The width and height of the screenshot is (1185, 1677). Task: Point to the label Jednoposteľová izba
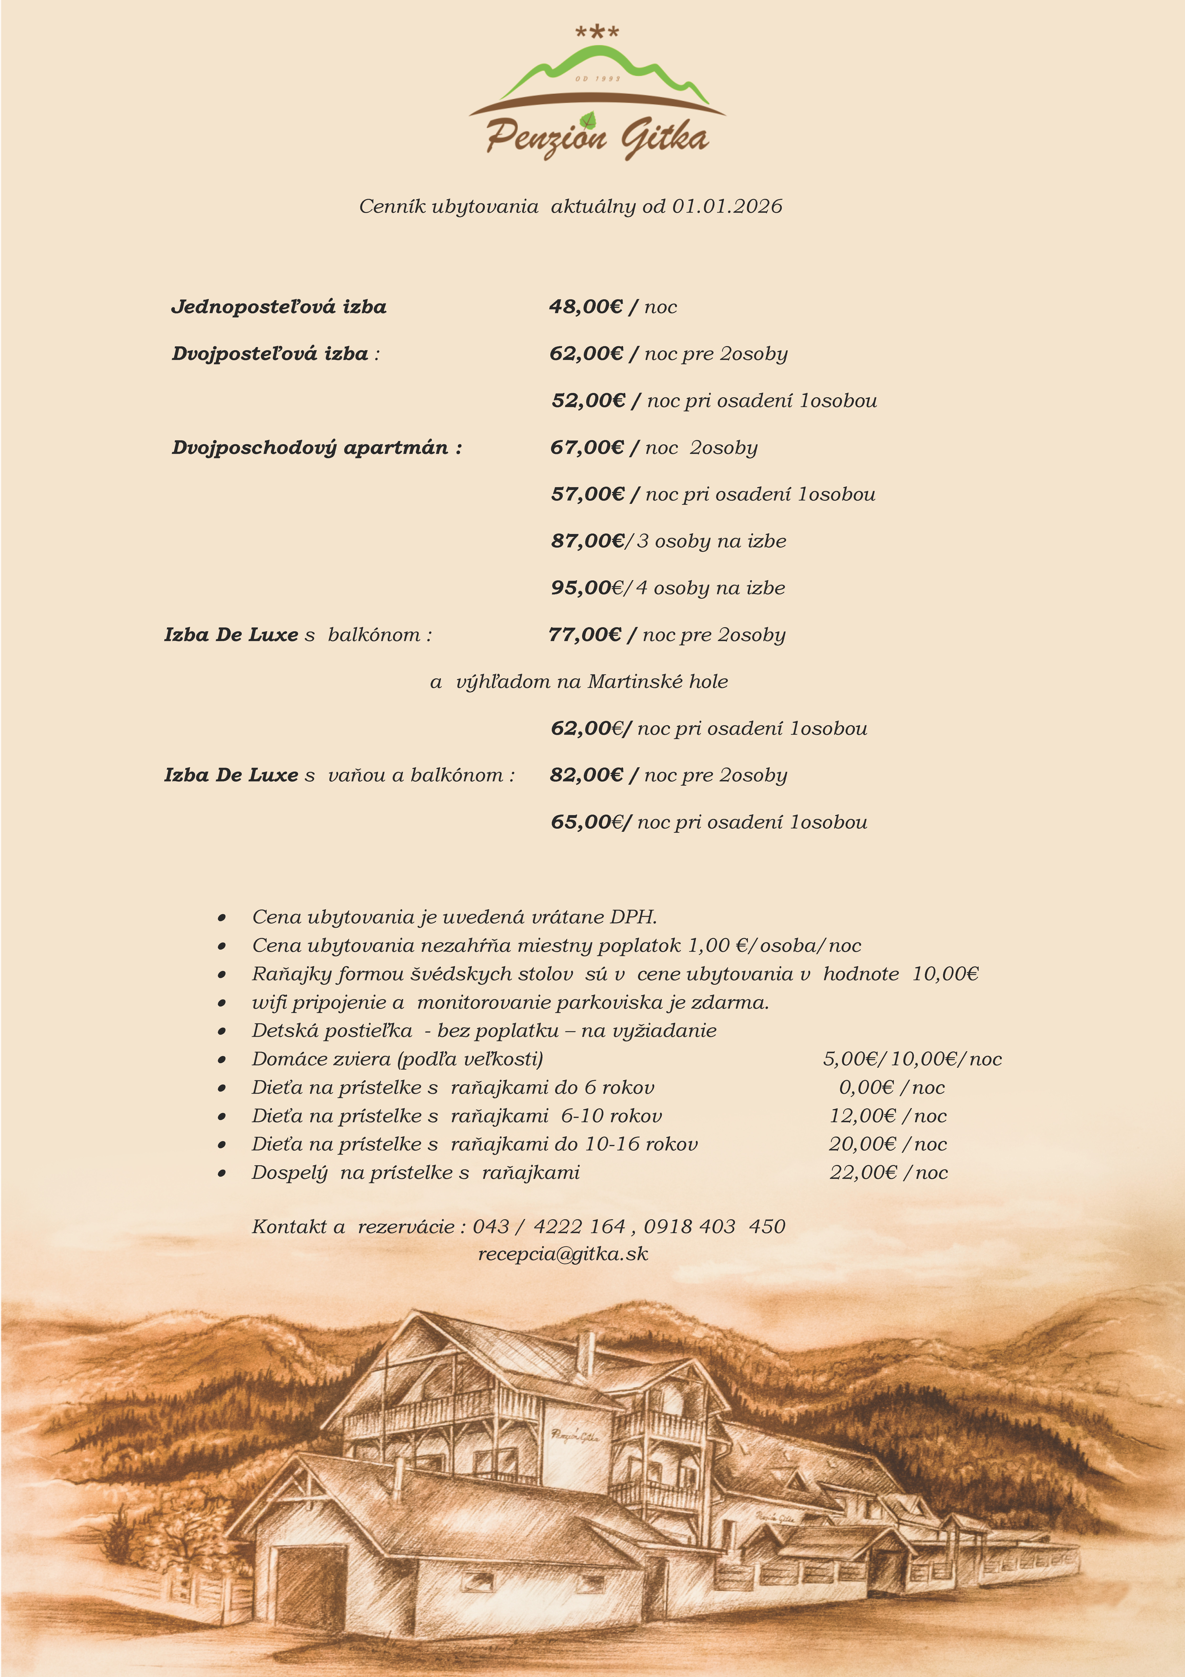[279, 307]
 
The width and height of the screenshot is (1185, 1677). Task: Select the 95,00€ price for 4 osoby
[587, 588]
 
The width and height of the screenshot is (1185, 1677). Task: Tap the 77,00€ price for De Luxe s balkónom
[585, 635]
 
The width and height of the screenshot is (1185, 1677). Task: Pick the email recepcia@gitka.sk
[563, 1254]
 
